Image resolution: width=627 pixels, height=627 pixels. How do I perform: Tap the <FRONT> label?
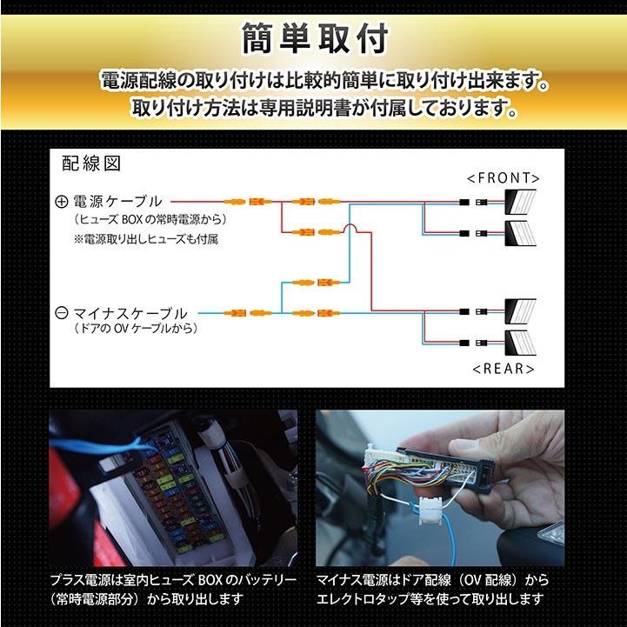coord(503,177)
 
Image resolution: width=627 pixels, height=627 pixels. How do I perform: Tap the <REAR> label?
coord(504,368)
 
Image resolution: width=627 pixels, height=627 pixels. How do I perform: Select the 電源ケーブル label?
coord(117,201)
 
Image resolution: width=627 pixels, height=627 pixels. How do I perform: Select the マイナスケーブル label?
coord(130,312)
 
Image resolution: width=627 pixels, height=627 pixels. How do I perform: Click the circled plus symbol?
coord(61,201)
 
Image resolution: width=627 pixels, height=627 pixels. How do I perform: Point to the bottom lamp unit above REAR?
coord(522,340)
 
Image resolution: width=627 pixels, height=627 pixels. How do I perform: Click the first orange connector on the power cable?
coord(235,201)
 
